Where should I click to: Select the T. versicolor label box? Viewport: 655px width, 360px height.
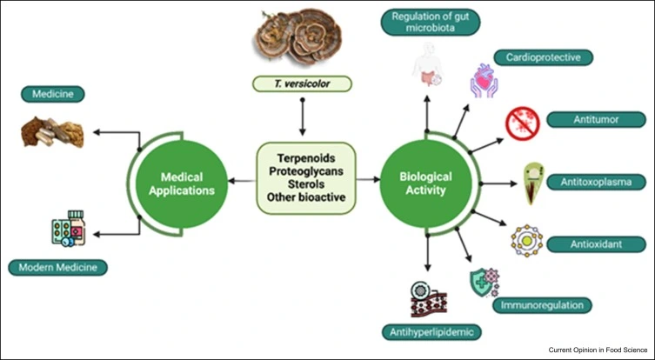click(x=302, y=83)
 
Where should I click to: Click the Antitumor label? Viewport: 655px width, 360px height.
click(x=583, y=119)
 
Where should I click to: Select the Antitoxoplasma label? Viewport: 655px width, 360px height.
click(x=590, y=182)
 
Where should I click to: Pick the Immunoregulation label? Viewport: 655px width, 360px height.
click(x=545, y=305)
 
